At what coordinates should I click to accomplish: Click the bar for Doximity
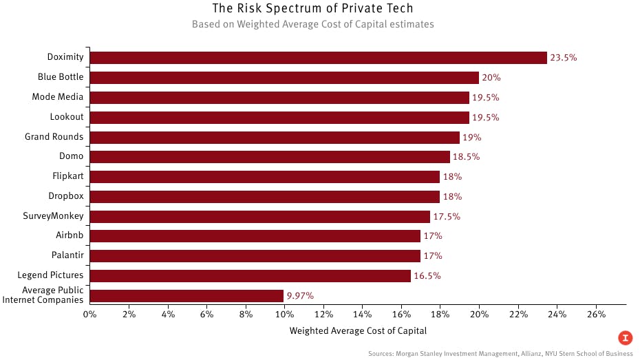[x=318, y=58]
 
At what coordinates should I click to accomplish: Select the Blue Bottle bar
[x=284, y=78]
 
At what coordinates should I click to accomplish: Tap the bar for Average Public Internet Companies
[x=186, y=296]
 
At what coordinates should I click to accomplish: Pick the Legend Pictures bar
[x=250, y=276]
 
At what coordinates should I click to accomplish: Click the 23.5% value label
[x=564, y=58]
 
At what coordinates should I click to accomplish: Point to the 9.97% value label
[x=300, y=296]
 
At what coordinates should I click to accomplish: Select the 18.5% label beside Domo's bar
[x=466, y=157]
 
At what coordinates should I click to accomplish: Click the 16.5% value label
[x=427, y=276]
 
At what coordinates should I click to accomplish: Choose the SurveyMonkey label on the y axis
[x=53, y=216]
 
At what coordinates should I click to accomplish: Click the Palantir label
[x=67, y=255]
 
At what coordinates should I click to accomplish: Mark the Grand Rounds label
[x=54, y=137]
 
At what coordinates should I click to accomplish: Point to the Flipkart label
[x=67, y=176]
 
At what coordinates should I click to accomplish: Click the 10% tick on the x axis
[x=284, y=315]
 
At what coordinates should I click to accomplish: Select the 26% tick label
[x=596, y=315]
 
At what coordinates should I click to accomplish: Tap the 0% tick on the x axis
[x=89, y=315]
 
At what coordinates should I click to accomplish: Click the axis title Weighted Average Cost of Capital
[x=358, y=331]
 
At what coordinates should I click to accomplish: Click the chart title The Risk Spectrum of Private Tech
[x=312, y=9]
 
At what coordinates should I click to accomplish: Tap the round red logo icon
[x=625, y=337]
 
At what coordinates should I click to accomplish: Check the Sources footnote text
[x=500, y=354]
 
